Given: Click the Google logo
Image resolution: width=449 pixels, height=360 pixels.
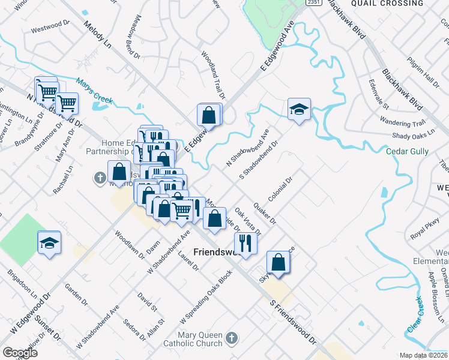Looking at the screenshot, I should click(20, 353).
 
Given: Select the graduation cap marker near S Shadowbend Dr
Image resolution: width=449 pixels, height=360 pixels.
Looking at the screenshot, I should click(299, 110).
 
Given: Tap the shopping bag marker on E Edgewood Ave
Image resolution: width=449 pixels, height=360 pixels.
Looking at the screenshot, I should click(208, 115).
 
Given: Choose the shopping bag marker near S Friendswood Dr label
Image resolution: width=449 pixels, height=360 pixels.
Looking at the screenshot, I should click(278, 262).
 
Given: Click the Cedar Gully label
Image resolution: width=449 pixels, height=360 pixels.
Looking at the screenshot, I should click(408, 152).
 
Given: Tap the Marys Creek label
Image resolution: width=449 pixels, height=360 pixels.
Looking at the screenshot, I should click(95, 92).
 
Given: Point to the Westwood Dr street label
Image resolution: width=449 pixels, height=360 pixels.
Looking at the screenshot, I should click(51, 28).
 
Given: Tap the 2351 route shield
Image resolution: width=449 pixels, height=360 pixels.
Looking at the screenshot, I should click(313, 3).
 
